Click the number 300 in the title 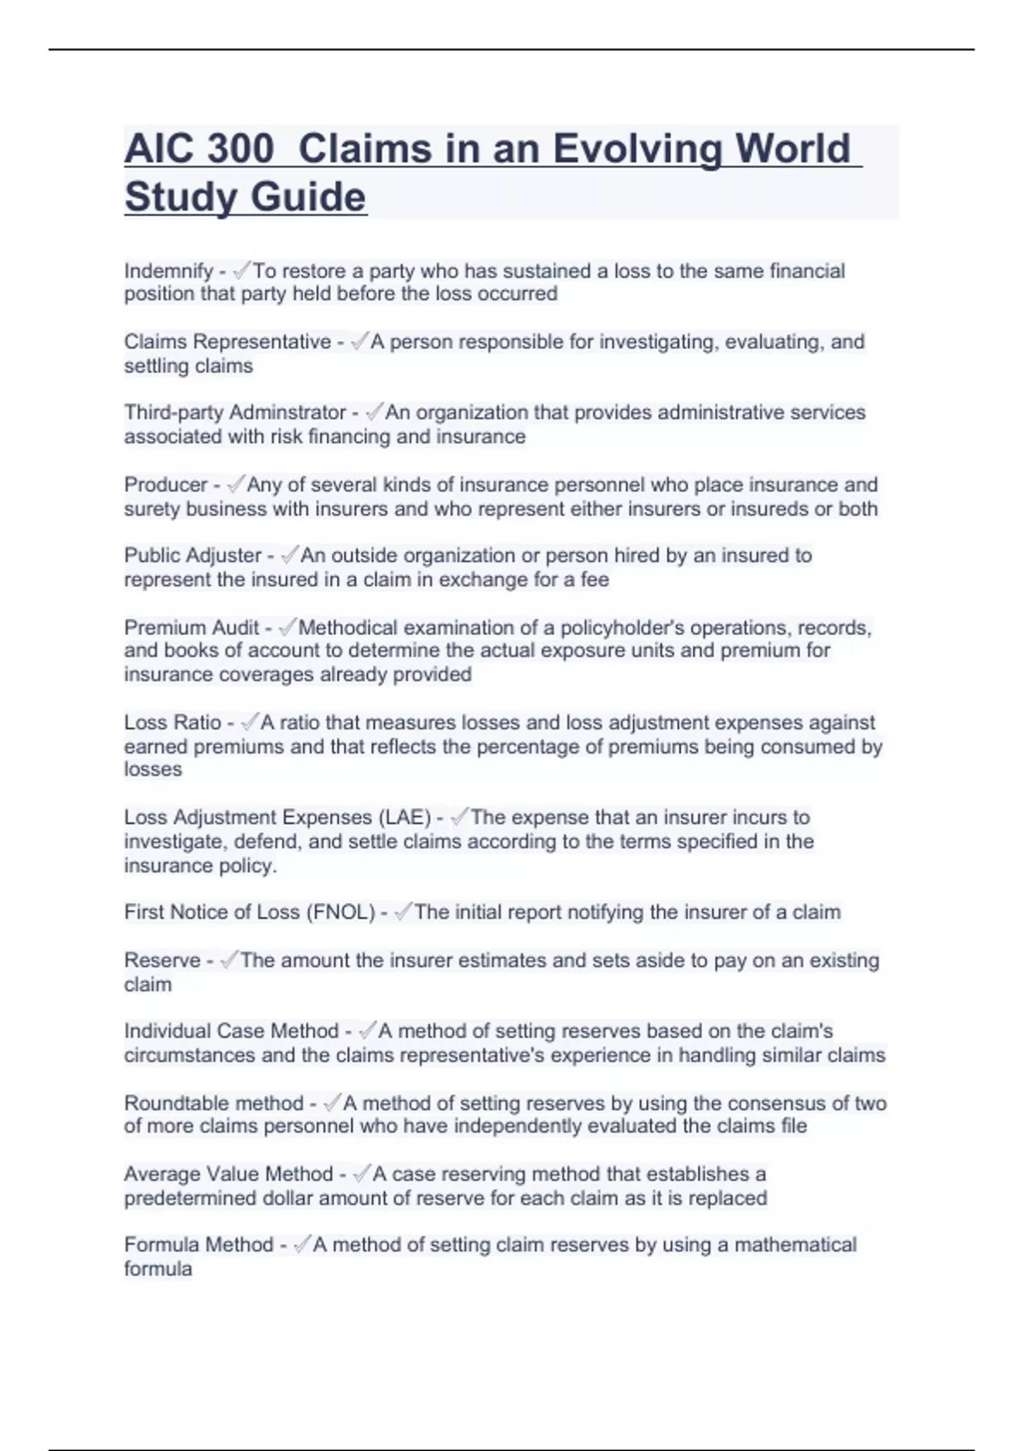click(240, 149)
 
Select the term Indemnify click(168, 271)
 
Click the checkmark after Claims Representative click(358, 341)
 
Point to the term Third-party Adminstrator click(235, 412)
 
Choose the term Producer click(166, 485)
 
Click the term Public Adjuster click(193, 556)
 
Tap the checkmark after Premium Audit click(287, 627)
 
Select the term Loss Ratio click(172, 722)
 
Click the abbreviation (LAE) click(404, 817)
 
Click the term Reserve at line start click(162, 960)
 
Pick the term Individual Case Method click(231, 1031)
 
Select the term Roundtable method click(213, 1103)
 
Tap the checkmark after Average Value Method click(361, 1174)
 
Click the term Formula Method click(198, 1245)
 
